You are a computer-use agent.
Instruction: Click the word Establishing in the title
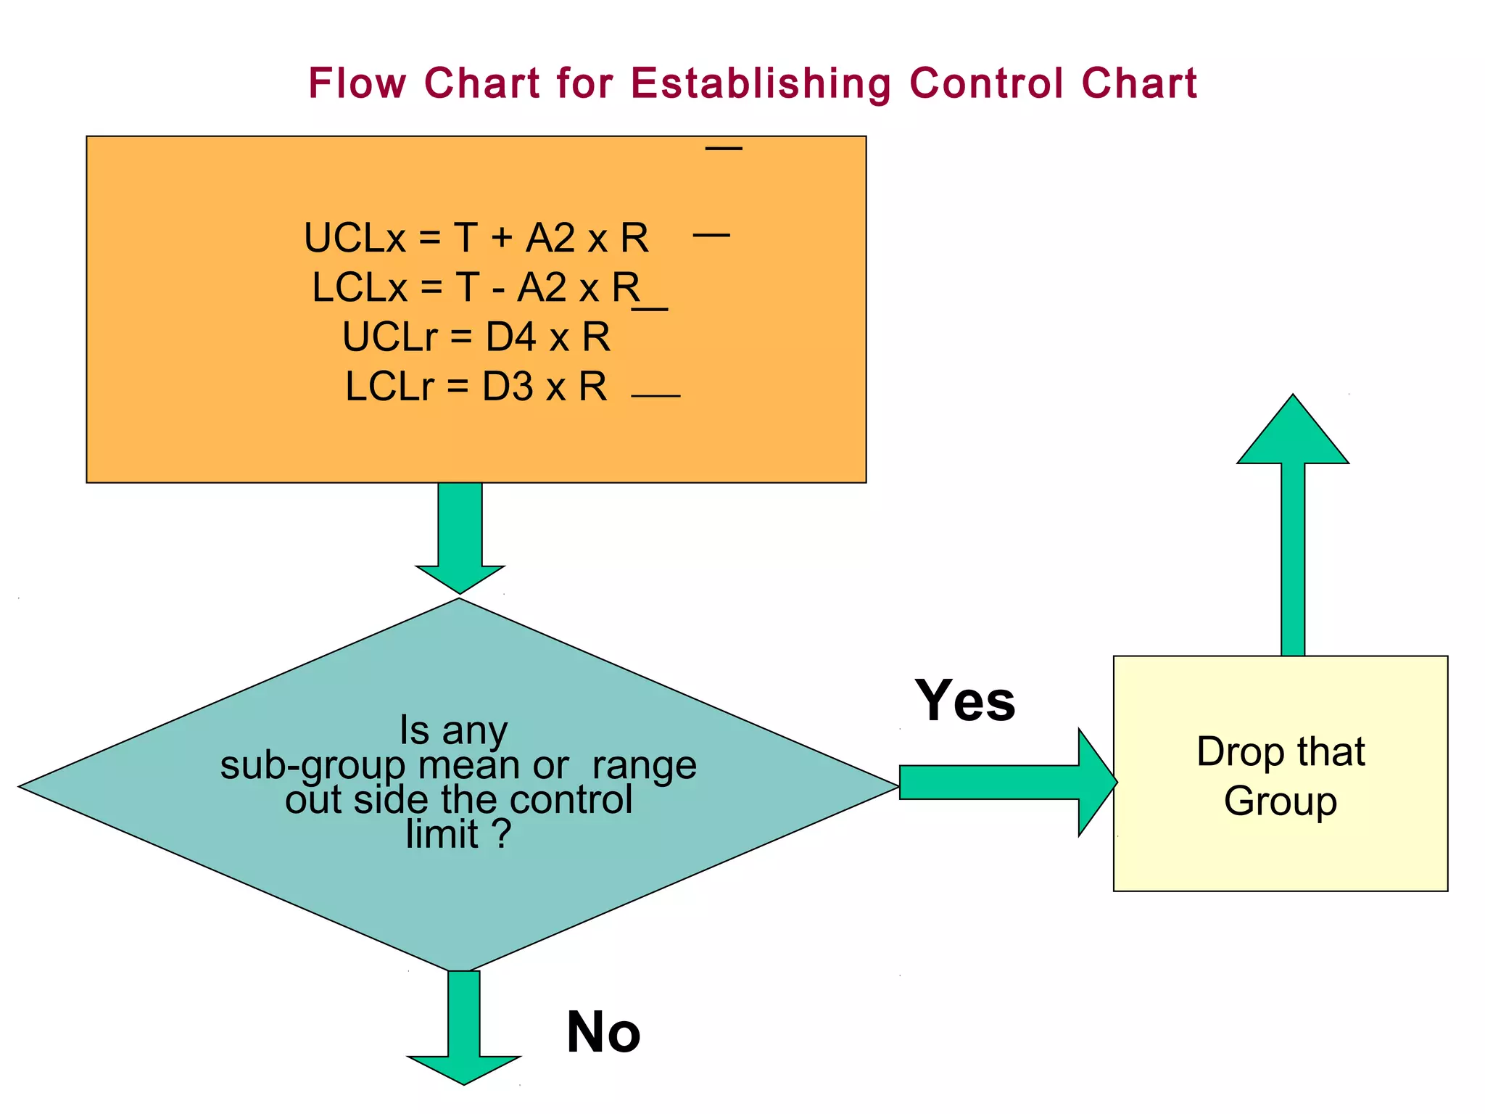tap(761, 83)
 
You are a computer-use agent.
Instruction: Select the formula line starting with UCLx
tap(476, 238)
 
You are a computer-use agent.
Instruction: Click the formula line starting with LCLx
tap(476, 287)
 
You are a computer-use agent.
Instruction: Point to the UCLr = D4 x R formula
tap(476, 337)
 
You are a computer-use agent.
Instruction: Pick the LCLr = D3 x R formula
tap(476, 386)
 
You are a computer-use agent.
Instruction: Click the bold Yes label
tap(964, 701)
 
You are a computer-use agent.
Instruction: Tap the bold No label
tap(603, 1032)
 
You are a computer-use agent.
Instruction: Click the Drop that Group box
tap(1281, 774)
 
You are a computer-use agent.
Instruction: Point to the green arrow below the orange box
tap(460, 537)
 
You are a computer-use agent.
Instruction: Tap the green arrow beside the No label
tap(464, 1027)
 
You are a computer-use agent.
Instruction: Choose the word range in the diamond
tap(644, 766)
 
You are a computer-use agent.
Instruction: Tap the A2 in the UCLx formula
tap(550, 238)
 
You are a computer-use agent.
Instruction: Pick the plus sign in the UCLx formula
tap(501, 238)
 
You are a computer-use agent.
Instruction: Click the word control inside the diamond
tap(571, 800)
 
